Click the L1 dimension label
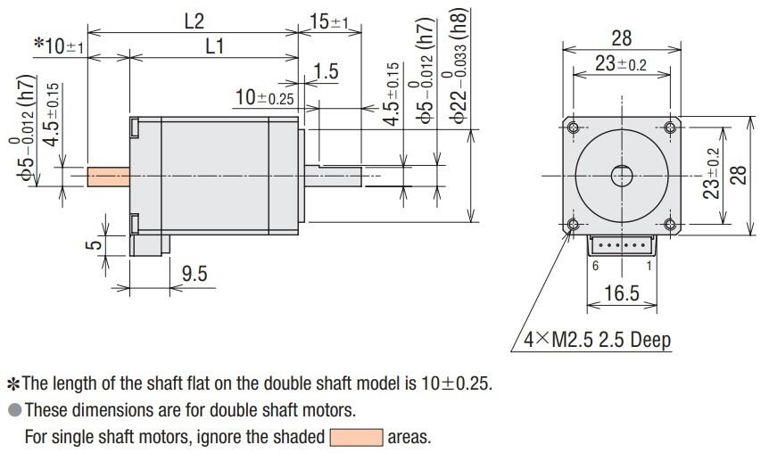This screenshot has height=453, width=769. pyautogui.click(x=214, y=46)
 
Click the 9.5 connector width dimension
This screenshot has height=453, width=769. pyautogui.click(x=194, y=274)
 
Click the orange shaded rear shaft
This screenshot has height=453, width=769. pyautogui.click(x=109, y=177)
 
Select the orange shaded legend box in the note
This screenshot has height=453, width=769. pyautogui.click(x=356, y=438)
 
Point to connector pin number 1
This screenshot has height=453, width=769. pyautogui.click(x=649, y=266)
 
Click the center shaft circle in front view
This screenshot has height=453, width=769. pyautogui.click(x=622, y=176)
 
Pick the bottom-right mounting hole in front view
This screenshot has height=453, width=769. pyautogui.click(x=670, y=224)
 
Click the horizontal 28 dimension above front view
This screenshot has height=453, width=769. pyautogui.click(x=622, y=37)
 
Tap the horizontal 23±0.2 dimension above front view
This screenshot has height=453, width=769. pyautogui.click(x=622, y=63)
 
